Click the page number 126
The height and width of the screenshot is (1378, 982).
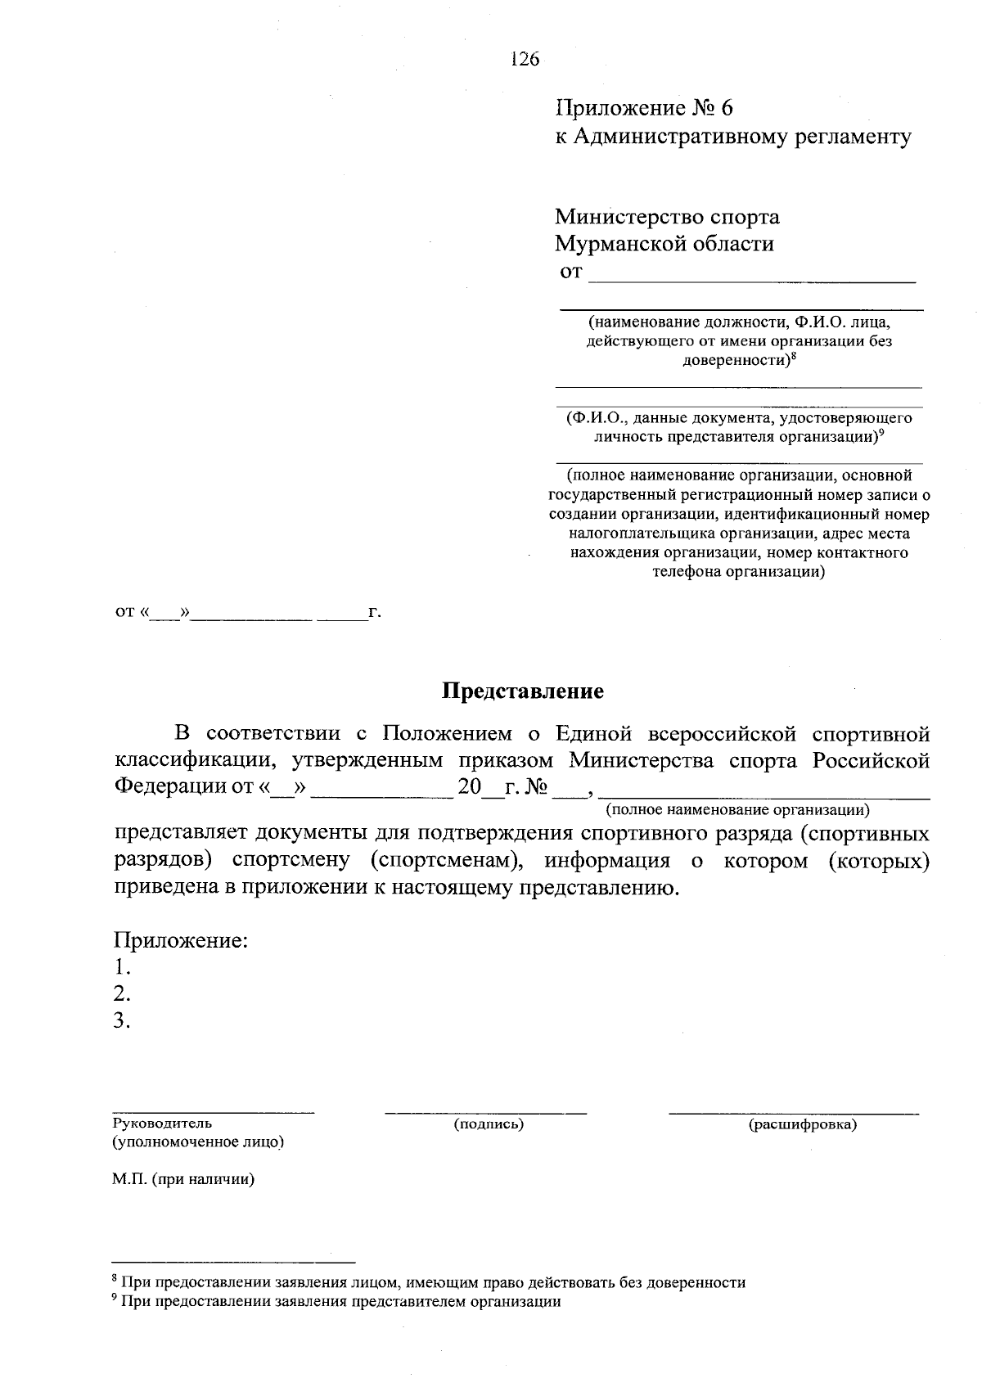pos(525,59)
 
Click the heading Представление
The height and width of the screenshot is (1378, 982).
pos(522,691)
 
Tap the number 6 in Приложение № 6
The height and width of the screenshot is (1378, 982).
pos(727,109)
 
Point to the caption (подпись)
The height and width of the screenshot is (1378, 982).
pos(489,1124)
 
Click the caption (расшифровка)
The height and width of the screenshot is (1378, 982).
pos(802,1124)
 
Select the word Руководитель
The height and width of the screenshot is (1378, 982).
pos(162,1124)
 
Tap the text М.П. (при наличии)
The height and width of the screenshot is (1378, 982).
pos(183,1180)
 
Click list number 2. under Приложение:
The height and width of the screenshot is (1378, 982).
pos(123,993)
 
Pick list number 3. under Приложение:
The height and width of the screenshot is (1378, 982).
pos(123,1020)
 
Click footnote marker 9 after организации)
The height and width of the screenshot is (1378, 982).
pos(881,433)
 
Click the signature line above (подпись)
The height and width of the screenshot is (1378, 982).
pos(485,1112)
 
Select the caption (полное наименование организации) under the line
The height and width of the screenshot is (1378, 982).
pos(736,811)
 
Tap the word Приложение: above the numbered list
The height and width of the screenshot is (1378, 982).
pos(180,940)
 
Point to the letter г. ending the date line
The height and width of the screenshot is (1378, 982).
pos(375,611)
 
